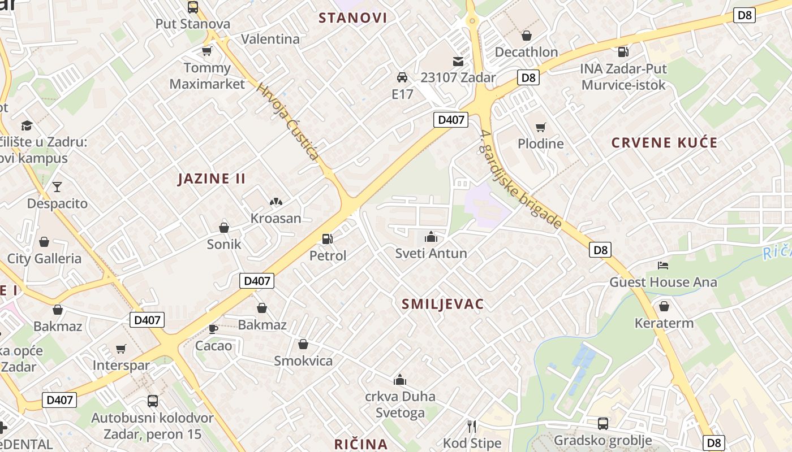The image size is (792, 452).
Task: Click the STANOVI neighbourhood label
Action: [353, 18]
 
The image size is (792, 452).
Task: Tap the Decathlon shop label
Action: [526, 52]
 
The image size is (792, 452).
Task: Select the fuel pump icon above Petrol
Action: [327, 239]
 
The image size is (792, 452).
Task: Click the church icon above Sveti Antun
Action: [431, 236]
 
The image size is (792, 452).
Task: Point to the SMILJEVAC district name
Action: [442, 305]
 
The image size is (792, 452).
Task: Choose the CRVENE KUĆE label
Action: [664, 143]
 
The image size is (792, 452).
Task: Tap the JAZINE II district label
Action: [212, 179]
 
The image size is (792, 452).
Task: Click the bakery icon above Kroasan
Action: [276, 201]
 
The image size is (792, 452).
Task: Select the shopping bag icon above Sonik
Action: [224, 228]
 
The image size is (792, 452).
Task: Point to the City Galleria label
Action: [44, 259]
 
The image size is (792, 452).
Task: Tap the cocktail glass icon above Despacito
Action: [57, 186]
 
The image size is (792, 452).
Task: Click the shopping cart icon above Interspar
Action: [120, 349]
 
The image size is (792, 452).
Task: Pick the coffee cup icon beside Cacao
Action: [213, 328]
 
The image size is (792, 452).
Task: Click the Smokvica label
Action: [303, 361]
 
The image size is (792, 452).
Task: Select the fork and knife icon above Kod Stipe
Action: [472, 425]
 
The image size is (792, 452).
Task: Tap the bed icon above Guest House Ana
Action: [663, 265]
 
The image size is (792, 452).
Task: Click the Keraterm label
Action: [664, 324]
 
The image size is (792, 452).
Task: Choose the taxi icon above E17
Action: [402, 77]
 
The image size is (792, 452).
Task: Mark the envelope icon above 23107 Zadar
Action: [458, 61]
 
